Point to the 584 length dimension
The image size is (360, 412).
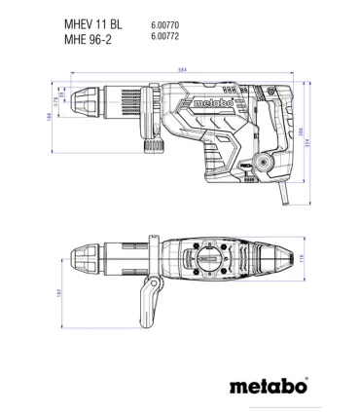pos(182,69)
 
